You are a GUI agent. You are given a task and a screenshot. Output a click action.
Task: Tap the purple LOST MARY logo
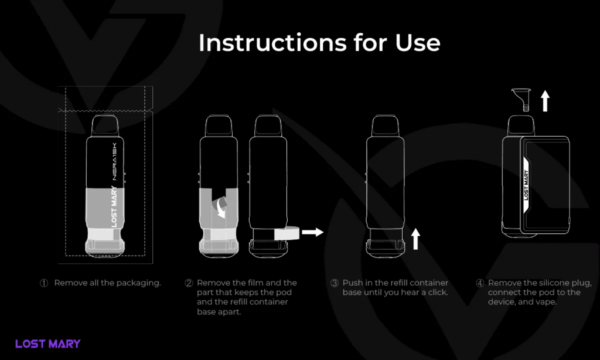48,344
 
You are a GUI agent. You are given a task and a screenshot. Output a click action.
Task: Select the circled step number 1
44,283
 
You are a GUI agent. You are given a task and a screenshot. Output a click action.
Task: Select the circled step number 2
189,283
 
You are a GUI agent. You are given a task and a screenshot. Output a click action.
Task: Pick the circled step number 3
335,283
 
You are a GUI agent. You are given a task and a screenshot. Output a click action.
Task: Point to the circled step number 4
480,283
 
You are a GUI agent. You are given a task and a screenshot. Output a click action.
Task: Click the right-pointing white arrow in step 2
313,232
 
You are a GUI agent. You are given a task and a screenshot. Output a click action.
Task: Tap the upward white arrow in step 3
415,239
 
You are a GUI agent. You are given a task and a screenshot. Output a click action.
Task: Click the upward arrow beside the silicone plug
546,101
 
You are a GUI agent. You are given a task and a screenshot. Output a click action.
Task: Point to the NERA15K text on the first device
114,162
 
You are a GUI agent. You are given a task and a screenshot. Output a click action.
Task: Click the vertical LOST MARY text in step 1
114,206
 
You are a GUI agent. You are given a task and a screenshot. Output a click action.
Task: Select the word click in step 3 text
436,292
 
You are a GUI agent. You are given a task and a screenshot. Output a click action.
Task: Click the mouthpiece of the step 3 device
384,127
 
